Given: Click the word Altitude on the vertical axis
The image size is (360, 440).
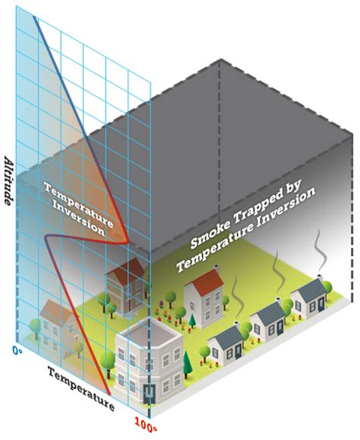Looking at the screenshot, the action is pos(8,181).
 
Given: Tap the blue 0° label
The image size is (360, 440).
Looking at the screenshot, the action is pos(17,350).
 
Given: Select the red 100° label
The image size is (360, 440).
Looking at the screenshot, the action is pos(146,423).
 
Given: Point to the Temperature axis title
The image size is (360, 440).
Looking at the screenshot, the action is pos(81,389).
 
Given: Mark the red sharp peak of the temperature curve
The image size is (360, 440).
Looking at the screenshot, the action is pos(128,241).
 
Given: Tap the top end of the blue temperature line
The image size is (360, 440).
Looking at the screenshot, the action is pos(34,17).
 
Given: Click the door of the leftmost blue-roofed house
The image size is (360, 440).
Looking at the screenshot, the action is pos(238,351).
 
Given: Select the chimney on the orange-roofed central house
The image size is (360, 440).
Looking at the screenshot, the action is pos(216,267).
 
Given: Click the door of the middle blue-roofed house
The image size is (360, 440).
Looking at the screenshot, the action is pos(279,328).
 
